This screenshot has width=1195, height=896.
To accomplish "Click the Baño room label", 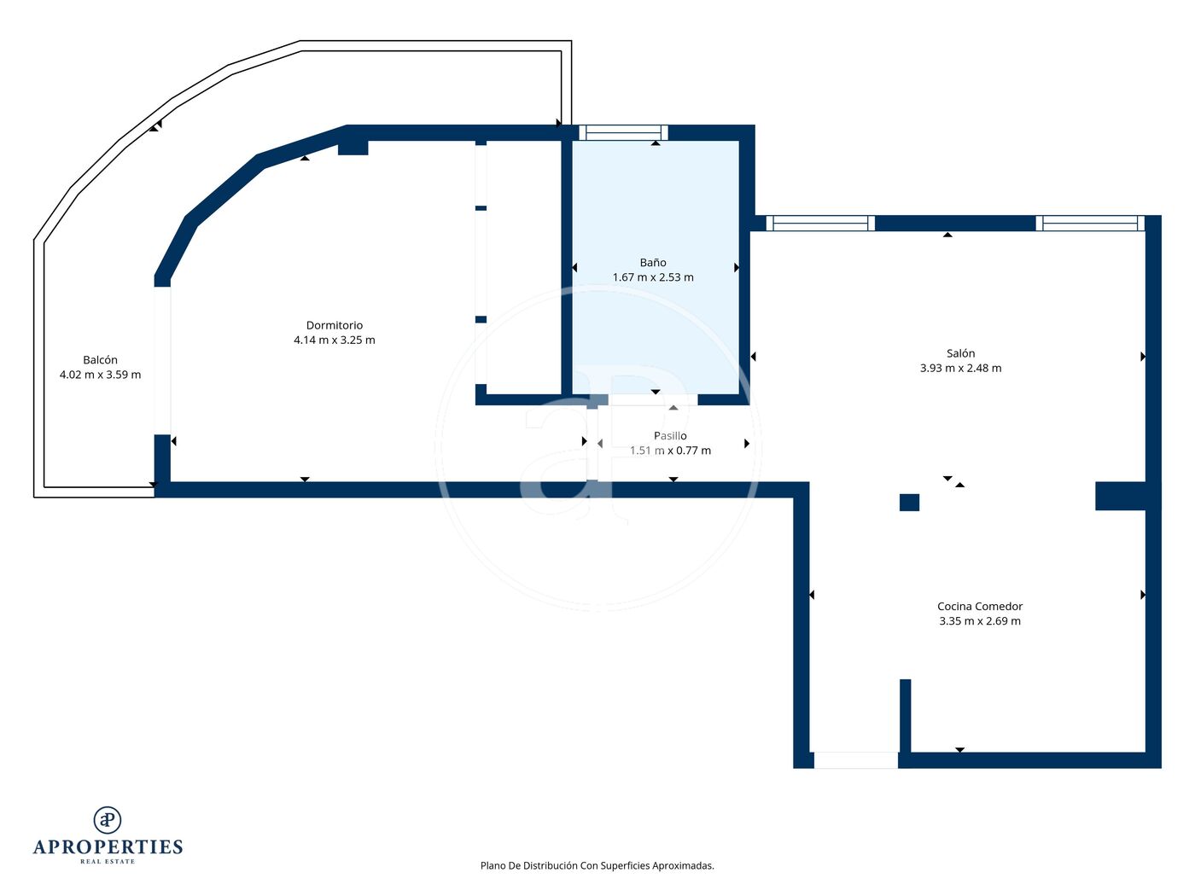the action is [x=652, y=262].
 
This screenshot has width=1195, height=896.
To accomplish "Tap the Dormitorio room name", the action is [x=335, y=325].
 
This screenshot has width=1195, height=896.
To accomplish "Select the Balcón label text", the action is [x=100, y=359].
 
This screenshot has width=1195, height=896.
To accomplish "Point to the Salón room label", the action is [x=960, y=353].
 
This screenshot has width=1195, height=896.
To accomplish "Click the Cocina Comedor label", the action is [x=979, y=606].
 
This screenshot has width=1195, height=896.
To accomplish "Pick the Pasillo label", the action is [x=670, y=435].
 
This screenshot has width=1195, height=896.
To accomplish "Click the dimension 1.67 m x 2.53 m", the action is [x=653, y=276].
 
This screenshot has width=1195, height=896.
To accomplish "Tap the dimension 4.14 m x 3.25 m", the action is [x=335, y=340].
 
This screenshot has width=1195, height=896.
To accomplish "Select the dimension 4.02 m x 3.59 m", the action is [x=100, y=375].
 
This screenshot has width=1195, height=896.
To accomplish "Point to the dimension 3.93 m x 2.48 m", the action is [x=960, y=368].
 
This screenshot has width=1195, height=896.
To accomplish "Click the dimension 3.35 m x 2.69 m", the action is [x=979, y=620].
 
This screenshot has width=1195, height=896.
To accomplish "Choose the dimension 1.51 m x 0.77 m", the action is [x=670, y=451].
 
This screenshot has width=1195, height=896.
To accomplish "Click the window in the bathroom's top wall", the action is [x=623, y=133].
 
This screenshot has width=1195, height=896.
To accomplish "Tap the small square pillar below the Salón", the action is [x=909, y=502].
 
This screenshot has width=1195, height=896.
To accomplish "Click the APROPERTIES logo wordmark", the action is [x=108, y=847].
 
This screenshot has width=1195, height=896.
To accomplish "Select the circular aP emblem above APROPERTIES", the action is [x=108, y=819].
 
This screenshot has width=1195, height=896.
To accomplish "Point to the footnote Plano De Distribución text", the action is [x=597, y=865].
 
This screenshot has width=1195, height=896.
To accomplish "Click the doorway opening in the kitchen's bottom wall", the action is [x=855, y=760].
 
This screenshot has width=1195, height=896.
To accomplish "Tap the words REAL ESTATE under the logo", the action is [x=108, y=861].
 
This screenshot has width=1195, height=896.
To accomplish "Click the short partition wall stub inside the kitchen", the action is [x=905, y=715].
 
